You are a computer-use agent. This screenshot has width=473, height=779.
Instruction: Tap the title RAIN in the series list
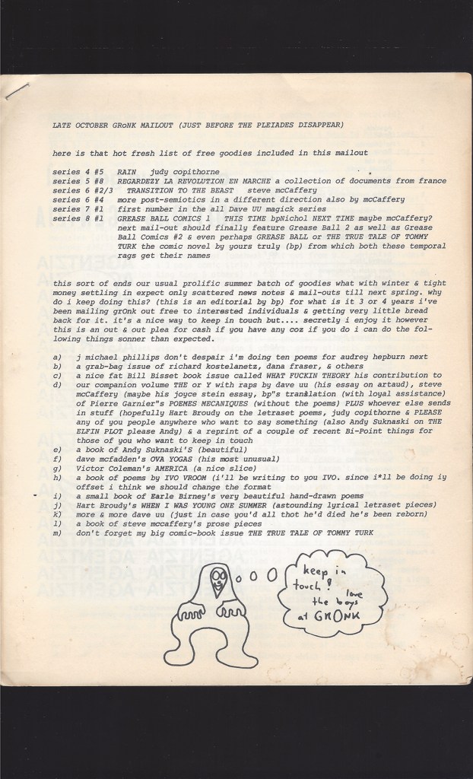pyautogui.click(x=128, y=173)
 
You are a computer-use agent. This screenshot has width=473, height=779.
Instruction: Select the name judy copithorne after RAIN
pyautogui.click(x=176, y=173)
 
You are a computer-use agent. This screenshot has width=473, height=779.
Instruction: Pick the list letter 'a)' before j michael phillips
pyautogui.click(x=58, y=356)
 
